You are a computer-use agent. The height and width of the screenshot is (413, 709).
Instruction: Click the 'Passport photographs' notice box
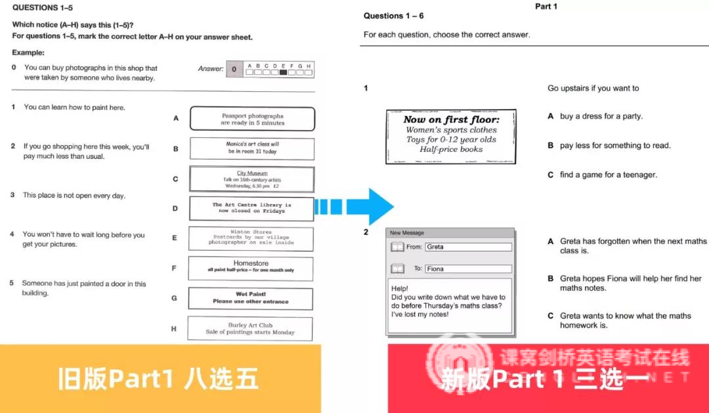pos(252,119)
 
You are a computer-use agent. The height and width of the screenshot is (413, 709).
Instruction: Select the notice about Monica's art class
pos(252,148)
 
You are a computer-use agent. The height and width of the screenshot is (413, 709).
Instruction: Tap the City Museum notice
pos(252,179)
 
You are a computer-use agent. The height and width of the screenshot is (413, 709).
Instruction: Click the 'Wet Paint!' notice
pos(250,298)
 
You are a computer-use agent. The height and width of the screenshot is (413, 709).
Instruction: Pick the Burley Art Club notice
pos(250,328)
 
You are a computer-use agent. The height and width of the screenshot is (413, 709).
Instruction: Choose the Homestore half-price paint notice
pos(251,267)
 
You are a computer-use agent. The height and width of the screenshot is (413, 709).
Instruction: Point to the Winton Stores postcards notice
pos(251,238)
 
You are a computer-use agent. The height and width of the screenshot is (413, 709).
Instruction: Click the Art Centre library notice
pos(251,208)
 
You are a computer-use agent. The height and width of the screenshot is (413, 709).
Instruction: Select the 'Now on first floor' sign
pos(451,136)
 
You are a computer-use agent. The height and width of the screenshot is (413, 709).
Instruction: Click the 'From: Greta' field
pos(467,247)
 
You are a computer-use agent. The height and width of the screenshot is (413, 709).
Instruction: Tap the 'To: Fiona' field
pos(467,269)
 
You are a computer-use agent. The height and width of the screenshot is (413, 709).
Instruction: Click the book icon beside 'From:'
pos(397,247)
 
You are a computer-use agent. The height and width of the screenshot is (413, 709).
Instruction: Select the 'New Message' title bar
pos(450,232)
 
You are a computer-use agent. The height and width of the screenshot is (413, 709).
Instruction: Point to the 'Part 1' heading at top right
pos(546,7)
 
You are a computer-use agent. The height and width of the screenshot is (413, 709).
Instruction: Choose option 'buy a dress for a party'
pos(601,116)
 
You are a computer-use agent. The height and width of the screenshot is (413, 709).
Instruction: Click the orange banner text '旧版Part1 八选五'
pos(158,379)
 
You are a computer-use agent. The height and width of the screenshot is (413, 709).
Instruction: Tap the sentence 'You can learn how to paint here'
pos(74,107)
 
